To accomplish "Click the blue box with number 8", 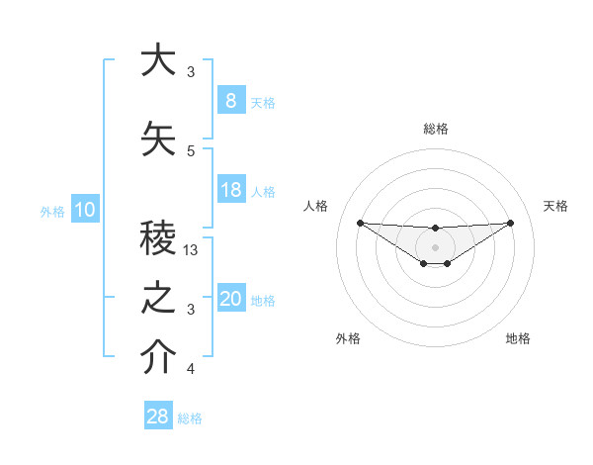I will click(230, 101).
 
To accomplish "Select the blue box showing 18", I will click(230, 190).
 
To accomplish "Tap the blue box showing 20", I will click(230, 300).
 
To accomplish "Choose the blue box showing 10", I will click(84, 210).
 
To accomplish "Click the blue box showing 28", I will click(158, 417).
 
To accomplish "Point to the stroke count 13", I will click(192, 250).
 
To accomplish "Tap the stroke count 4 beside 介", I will click(191, 369).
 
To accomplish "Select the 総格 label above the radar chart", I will click(435, 129).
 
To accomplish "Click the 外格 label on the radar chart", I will click(348, 338).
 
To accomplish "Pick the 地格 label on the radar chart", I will click(518, 338).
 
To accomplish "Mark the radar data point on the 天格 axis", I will click(510, 223).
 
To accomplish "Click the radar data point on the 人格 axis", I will click(360, 223).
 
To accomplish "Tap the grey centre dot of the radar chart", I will click(435, 246).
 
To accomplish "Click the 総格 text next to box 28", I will click(190, 418).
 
